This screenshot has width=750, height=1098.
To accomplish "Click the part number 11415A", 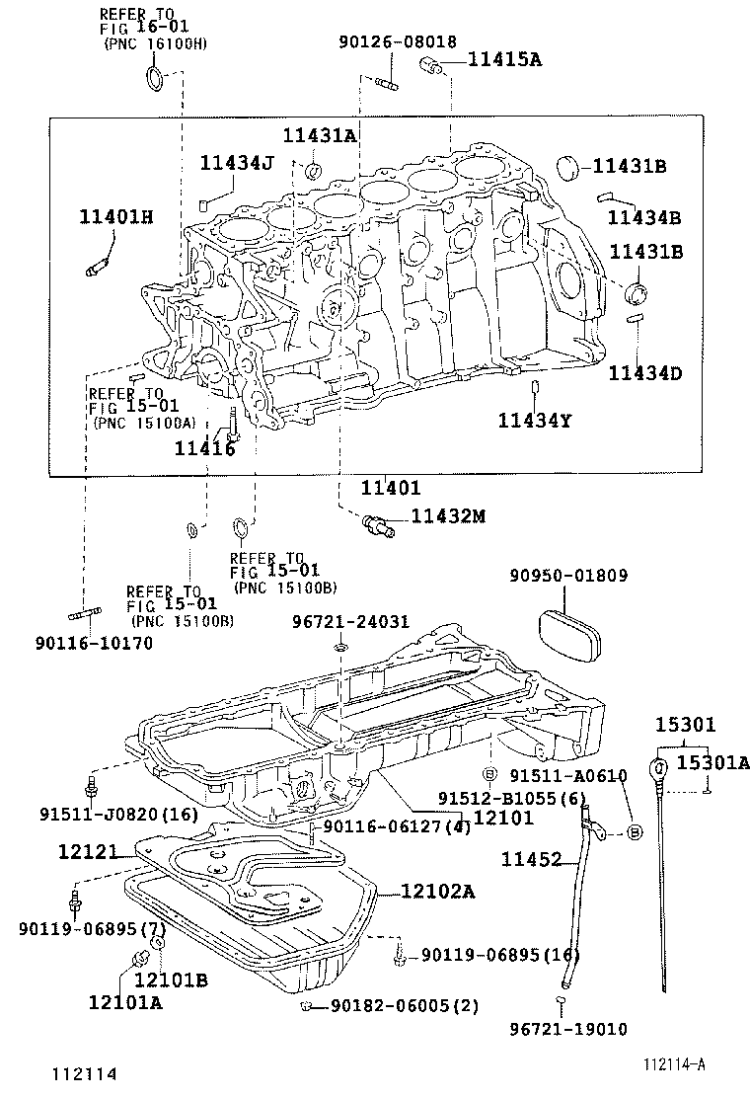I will coord(504,60).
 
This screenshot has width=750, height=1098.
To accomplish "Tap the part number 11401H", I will coord(116,216).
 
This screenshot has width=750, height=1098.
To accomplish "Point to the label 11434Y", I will coord(534,421).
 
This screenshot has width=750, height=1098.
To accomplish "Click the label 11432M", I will coord(450,515).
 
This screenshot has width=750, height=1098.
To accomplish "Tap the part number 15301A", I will coord(712,762).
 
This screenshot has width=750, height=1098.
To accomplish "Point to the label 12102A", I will coord(437,892).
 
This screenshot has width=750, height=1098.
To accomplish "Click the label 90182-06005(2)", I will coord(405,1006).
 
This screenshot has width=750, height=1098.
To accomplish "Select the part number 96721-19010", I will coord(568,1029).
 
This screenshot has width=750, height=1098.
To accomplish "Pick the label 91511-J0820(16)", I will coord(118,815).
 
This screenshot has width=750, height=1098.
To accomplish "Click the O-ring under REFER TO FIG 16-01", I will coord(156,79).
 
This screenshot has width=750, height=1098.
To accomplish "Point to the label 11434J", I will coord(237,162).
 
